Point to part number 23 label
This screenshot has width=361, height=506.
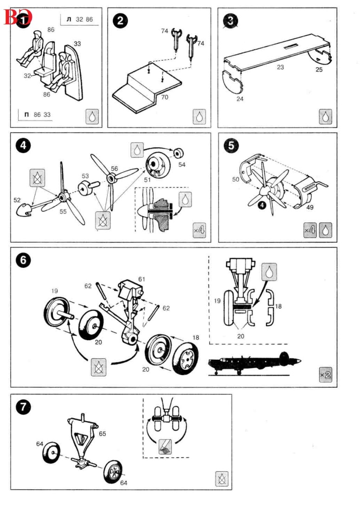point(280,67)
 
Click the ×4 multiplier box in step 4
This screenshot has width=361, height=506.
point(199,230)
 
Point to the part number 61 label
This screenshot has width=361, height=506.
point(142,279)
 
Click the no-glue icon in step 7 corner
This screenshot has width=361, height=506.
point(221,478)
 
